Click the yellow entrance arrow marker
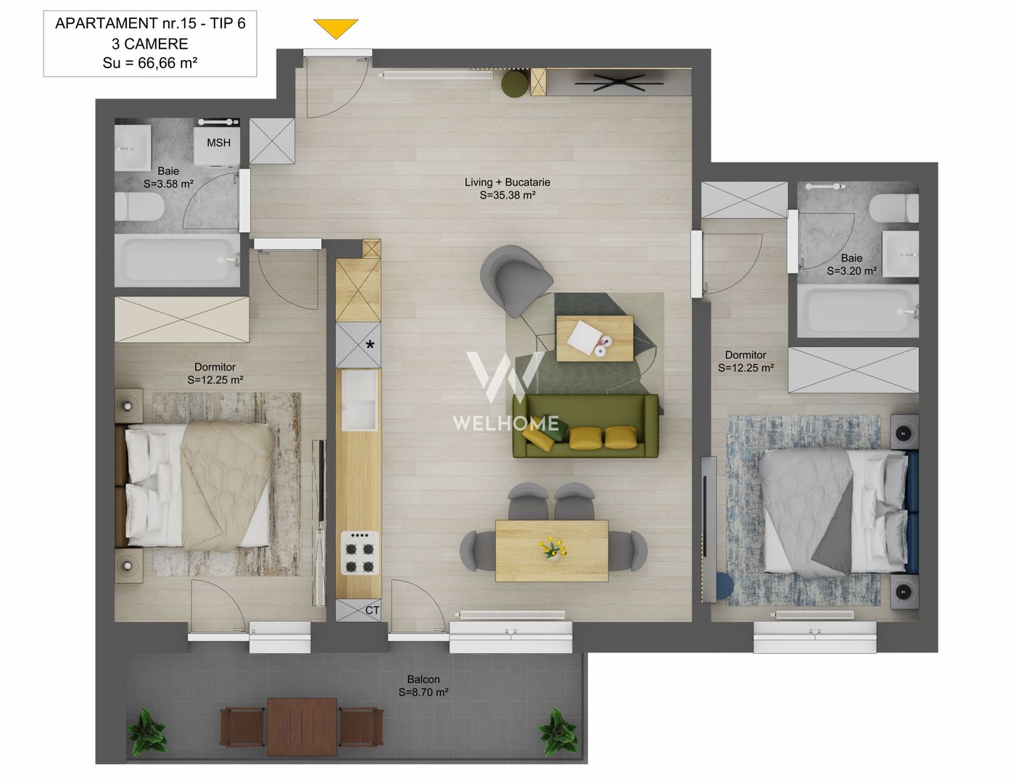click(x=336, y=28)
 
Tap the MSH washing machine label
click(x=218, y=143)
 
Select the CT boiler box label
click(x=371, y=610)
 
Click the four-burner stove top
click(x=360, y=552)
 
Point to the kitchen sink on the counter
click(x=360, y=400)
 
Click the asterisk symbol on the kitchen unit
click(x=370, y=345)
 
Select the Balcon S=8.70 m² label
click(x=423, y=686)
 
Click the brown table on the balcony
click(x=302, y=726)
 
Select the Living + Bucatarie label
click(x=507, y=188)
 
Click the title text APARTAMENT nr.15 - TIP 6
click(x=150, y=24)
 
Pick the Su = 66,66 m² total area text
click(x=150, y=63)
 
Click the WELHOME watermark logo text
click(x=505, y=423)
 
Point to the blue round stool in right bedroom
click(x=723, y=586)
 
